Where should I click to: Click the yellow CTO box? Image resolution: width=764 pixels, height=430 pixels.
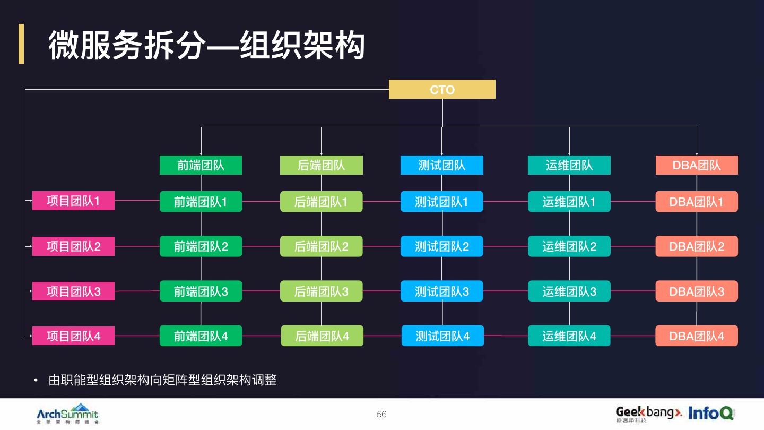click(442, 89)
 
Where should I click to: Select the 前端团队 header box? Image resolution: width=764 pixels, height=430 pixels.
click(201, 165)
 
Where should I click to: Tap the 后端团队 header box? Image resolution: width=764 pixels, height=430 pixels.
click(322, 165)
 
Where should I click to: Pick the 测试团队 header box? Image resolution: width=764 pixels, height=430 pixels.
click(442, 165)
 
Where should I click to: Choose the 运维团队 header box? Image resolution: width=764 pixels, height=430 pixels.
click(569, 165)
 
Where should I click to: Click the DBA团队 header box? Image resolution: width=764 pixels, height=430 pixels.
click(697, 165)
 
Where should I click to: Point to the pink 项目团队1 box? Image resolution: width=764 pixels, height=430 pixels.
click(73, 201)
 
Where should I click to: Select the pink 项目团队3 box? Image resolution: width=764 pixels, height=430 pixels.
click(73, 291)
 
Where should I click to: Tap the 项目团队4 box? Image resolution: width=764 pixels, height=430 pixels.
click(73, 336)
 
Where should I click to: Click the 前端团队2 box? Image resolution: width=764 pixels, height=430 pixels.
click(201, 246)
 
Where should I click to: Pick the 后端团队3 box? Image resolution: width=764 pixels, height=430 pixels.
click(322, 291)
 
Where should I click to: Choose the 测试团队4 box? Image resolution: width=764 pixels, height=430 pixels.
click(442, 336)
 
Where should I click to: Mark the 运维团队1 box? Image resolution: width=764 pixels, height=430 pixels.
click(569, 202)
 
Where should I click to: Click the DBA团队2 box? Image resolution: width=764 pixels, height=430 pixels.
click(697, 246)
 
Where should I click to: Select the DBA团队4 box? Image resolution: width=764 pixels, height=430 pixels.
click(697, 336)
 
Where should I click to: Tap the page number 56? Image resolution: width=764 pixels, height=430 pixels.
click(381, 414)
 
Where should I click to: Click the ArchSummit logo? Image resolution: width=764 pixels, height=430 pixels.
click(67, 413)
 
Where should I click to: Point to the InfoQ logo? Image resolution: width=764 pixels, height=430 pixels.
click(711, 412)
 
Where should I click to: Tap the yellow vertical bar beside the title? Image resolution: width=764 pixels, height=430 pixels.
click(21, 44)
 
